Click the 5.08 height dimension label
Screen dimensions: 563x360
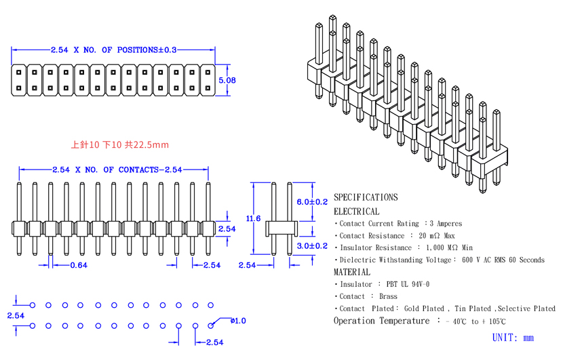(x=227, y=81)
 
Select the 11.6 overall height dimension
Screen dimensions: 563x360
(x=253, y=218)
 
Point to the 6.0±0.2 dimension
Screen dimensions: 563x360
(x=312, y=202)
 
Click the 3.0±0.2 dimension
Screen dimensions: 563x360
(x=312, y=246)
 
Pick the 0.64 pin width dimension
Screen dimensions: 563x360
(x=79, y=265)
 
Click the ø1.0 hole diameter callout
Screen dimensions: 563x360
(x=238, y=321)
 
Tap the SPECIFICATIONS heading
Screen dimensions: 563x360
(x=366, y=197)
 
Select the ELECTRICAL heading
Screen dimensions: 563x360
(x=356, y=212)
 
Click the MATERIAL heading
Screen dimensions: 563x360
(x=352, y=272)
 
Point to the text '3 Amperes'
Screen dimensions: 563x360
(x=446, y=224)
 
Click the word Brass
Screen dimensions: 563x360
(x=388, y=296)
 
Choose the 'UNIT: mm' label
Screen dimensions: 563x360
(x=513, y=338)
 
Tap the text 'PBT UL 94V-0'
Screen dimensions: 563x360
(x=408, y=284)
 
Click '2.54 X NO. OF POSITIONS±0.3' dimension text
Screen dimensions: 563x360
(x=114, y=50)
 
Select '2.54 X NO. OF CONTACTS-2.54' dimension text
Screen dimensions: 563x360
(x=117, y=169)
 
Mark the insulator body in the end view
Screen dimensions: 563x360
(x=281, y=229)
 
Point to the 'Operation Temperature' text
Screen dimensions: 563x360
(x=381, y=321)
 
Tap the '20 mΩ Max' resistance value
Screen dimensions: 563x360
(x=437, y=236)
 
